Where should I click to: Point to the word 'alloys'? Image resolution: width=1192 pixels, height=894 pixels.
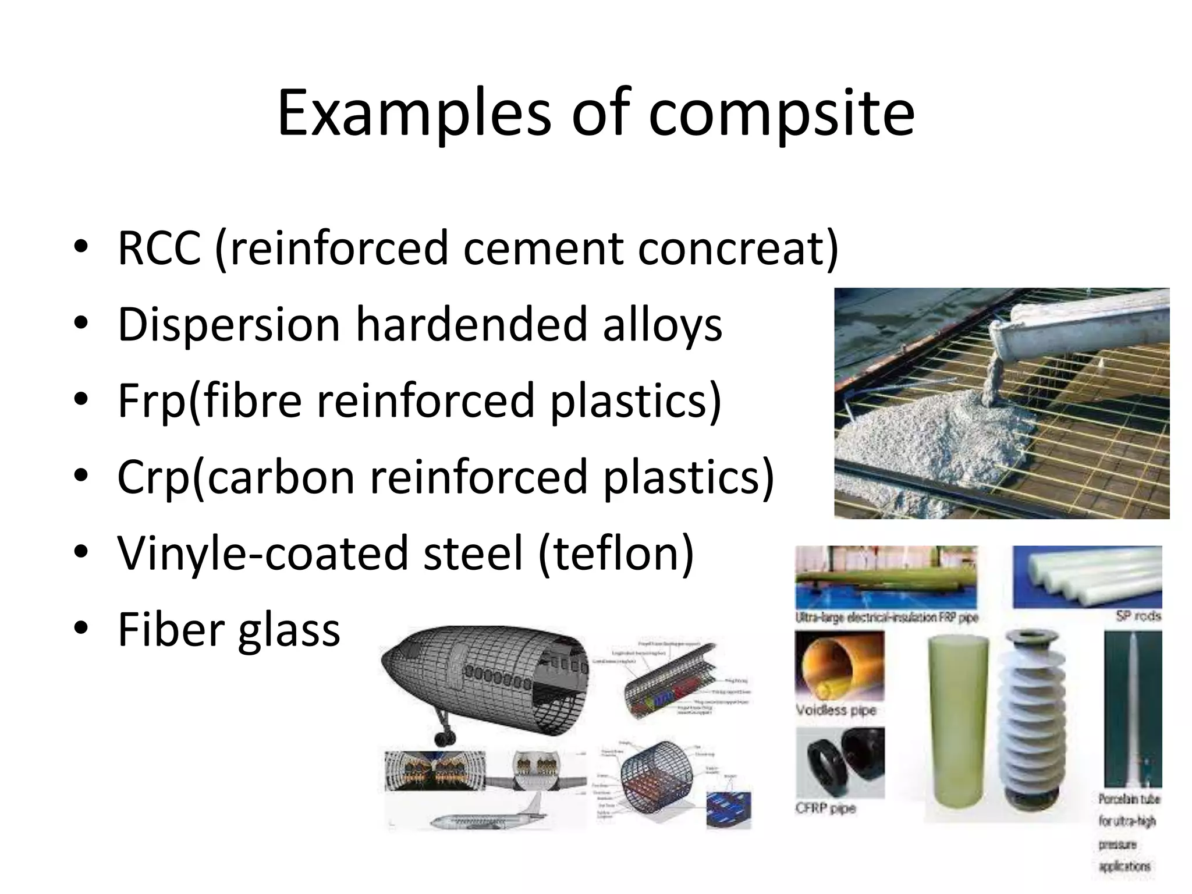coord(662,324)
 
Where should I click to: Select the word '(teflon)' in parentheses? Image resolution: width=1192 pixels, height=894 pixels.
coord(616,553)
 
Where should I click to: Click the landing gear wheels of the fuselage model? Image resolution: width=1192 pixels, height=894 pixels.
coord(445,738)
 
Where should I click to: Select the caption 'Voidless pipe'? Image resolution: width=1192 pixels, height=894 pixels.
coord(836,710)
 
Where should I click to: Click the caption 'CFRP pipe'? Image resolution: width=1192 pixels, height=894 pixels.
coord(825,808)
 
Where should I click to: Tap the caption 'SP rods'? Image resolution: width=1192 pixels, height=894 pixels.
coord(1138,616)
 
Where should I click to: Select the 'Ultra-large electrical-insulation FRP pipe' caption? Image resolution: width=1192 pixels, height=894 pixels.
coord(886,618)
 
